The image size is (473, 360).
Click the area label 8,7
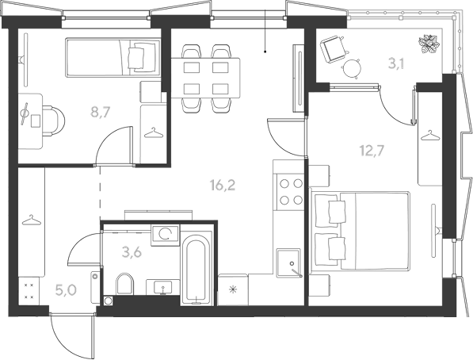[x=101, y=112]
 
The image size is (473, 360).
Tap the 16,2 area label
[x=223, y=185]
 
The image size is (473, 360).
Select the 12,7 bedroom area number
[x=372, y=150]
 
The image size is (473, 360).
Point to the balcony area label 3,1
[x=396, y=64]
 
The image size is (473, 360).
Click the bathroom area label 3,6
[x=132, y=252]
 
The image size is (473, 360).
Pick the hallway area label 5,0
[x=66, y=289]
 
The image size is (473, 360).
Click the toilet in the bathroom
[x=125, y=284]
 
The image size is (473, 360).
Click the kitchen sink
[x=289, y=262]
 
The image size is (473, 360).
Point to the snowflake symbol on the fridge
[x=233, y=290]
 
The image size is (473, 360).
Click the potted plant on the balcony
[x=429, y=44]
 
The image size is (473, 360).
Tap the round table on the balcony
[x=352, y=68]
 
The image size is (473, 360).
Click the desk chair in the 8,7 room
[x=54, y=121]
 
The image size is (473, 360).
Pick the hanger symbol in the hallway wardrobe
[x=31, y=220]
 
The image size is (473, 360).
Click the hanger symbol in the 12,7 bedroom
[x=430, y=135]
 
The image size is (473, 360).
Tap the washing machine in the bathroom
[x=166, y=234]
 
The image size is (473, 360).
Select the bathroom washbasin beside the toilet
[x=163, y=286]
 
